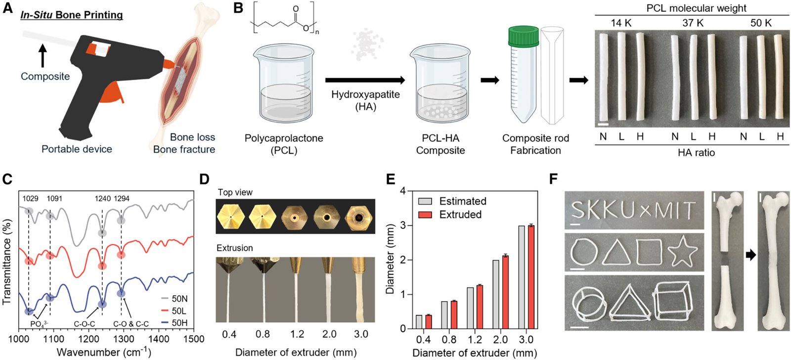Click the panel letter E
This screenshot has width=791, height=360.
coord(391,178)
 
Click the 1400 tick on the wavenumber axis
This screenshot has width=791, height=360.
coord(654,339)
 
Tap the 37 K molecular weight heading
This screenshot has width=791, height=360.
coord(693,23)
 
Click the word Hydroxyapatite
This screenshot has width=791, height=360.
coord(365,94)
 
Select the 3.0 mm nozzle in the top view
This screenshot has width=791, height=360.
coord(358,217)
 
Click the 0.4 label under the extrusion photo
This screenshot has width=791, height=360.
coord(229,334)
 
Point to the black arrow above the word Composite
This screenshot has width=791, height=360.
coord(43,55)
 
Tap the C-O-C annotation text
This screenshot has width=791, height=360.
coord(85,324)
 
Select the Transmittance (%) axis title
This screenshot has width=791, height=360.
coord(7,265)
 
